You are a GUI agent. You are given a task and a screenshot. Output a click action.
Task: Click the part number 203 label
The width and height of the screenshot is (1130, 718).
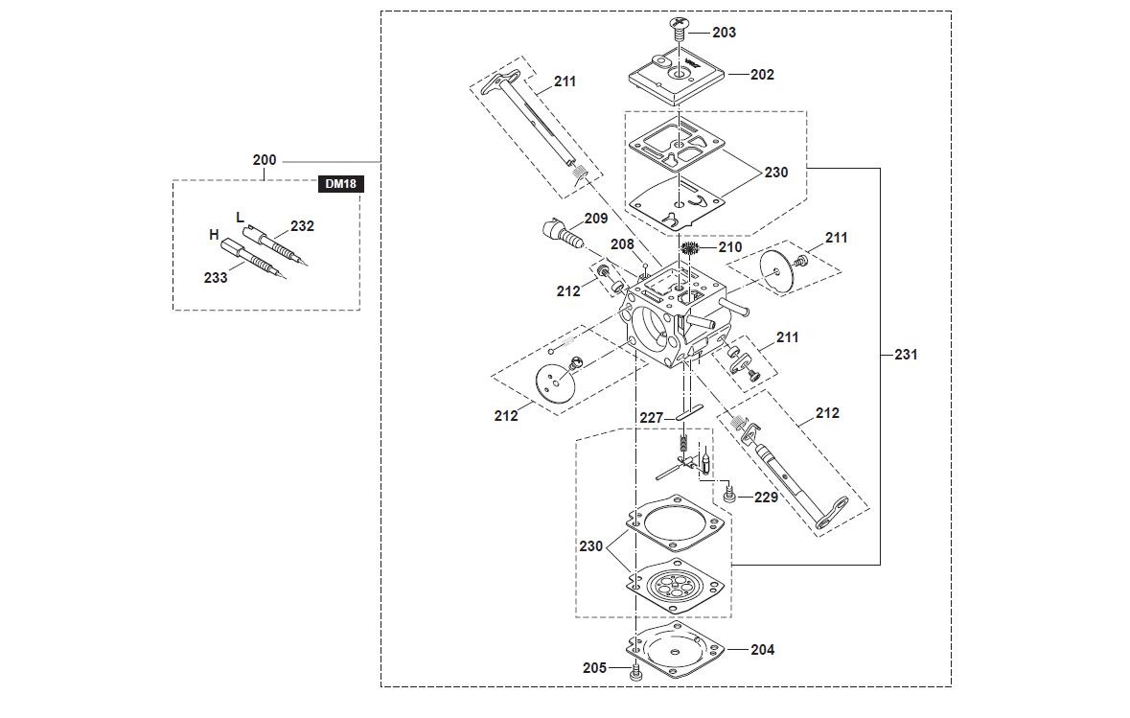pyautogui.click(x=725, y=33)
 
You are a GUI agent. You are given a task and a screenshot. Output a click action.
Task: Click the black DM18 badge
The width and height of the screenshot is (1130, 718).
pyautogui.click(x=341, y=185)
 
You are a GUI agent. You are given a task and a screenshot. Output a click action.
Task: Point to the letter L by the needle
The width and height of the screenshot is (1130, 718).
pyautogui.click(x=241, y=217)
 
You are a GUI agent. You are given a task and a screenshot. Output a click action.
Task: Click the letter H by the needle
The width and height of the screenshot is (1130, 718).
pyautogui.click(x=215, y=234)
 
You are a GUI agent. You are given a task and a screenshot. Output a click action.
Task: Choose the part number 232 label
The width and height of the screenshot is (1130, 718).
pyautogui.click(x=302, y=226)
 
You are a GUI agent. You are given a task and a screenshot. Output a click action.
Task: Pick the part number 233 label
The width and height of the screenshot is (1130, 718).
pyautogui.click(x=216, y=278)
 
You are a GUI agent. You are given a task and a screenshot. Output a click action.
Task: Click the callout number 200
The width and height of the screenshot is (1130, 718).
pyautogui.click(x=265, y=160)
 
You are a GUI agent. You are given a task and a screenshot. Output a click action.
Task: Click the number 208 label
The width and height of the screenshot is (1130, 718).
pyautogui.click(x=623, y=244)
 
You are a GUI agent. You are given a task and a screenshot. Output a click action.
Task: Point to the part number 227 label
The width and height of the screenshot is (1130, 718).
pyautogui.click(x=652, y=417)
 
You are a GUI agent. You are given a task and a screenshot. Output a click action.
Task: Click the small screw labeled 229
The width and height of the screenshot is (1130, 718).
pyautogui.click(x=728, y=496)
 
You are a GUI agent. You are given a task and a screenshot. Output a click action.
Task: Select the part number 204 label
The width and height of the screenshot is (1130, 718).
pyautogui.click(x=762, y=649)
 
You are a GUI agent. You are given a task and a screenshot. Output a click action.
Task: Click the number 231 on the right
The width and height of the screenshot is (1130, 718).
pyautogui.click(x=905, y=355)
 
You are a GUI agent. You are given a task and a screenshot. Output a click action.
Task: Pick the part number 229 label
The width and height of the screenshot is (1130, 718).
pyautogui.click(x=766, y=498)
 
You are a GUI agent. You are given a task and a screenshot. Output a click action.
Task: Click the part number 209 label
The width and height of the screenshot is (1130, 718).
pyautogui.click(x=596, y=219)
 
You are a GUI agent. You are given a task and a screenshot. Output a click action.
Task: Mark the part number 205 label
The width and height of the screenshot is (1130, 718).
pyautogui.click(x=594, y=667)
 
